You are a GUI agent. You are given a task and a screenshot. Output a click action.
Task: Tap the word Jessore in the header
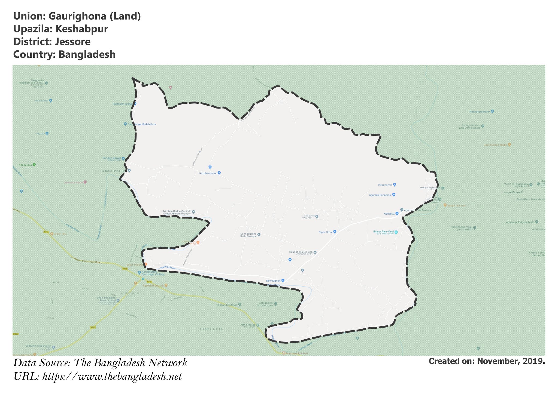pyautogui.click(x=72, y=42)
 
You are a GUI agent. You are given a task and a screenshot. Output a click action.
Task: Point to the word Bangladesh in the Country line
pyautogui.click(x=87, y=54)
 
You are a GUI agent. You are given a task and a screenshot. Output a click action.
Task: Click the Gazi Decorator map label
pyautogui.click(x=208, y=173)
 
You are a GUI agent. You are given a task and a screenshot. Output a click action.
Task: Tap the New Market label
pyautogui.click(x=273, y=281)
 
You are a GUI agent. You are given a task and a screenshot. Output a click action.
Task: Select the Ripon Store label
pyautogui.click(x=326, y=232)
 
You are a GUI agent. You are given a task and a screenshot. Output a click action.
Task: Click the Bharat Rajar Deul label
pyautogui.click(x=383, y=232)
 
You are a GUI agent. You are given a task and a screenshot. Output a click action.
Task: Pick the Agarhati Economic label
pyautogui.click(x=380, y=195)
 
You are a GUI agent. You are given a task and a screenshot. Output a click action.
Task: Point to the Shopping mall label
pyautogui.click(x=385, y=185)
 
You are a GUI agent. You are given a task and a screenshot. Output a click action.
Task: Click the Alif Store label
pyautogui.click(x=389, y=214)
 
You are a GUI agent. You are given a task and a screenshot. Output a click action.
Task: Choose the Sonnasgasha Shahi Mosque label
pyautogui.click(x=248, y=235)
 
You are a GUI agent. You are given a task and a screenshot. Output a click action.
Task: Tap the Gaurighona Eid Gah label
pyautogui.click(x=301, y=252)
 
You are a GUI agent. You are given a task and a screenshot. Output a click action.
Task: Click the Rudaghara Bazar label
pyautogui.click(x=480, y=112)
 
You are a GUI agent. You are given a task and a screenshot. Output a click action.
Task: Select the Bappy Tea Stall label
pyautogui.click(x=456, y=205)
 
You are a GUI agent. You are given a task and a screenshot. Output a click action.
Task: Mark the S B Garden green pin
pyautogui.click(x=34, y=165)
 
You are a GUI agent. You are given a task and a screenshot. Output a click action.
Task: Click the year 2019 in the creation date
pyautogui.click(x=534, y=361)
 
